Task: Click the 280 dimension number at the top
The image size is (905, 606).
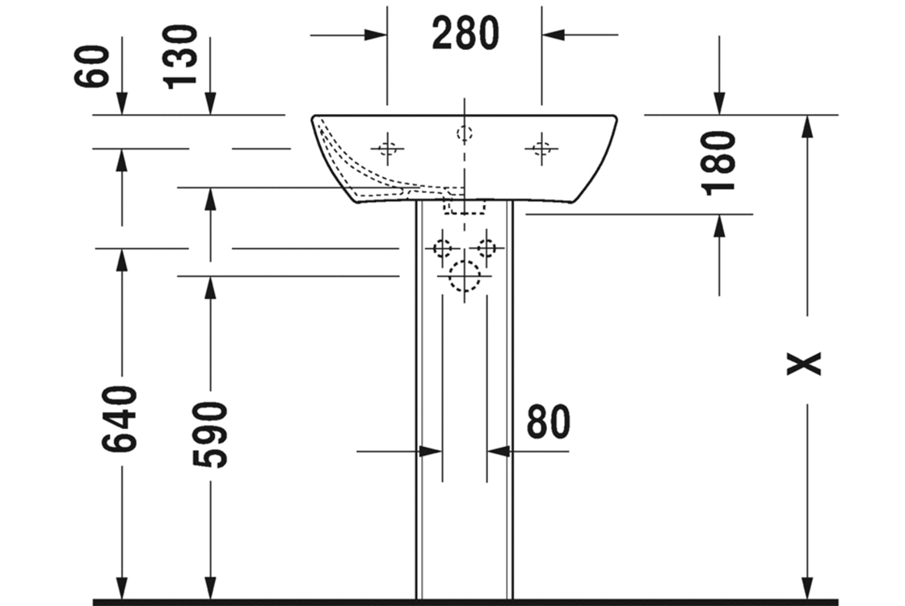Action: point(465,33)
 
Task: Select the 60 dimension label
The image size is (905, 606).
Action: point(92,65)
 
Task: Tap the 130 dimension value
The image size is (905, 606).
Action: point(181,57)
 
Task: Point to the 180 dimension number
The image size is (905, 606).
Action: point(718,164)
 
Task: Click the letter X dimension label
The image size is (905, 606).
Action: point(804,363)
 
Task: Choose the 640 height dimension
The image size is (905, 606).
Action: point(120,419)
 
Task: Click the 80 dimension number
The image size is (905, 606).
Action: point(549,422)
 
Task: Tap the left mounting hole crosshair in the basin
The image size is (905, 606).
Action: point(387,149)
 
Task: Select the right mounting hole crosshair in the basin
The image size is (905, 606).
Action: point(541,149)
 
